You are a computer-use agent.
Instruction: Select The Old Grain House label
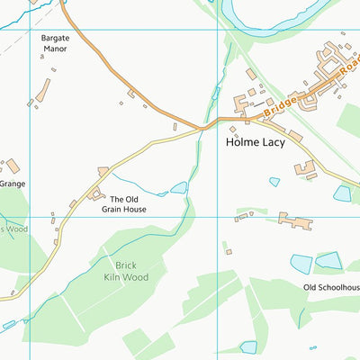123,203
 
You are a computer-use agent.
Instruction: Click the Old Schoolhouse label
331,287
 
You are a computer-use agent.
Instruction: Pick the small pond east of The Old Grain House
179,188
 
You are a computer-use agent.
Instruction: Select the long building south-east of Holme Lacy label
294,220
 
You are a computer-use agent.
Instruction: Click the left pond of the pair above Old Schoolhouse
301,264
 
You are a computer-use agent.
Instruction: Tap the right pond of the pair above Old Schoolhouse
328,260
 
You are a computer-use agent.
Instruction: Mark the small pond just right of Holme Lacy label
274,182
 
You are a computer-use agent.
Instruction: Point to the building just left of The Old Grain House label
94,194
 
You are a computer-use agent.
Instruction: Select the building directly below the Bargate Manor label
43,90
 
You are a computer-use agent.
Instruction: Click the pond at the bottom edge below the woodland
248,347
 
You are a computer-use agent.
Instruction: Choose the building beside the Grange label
13,166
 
